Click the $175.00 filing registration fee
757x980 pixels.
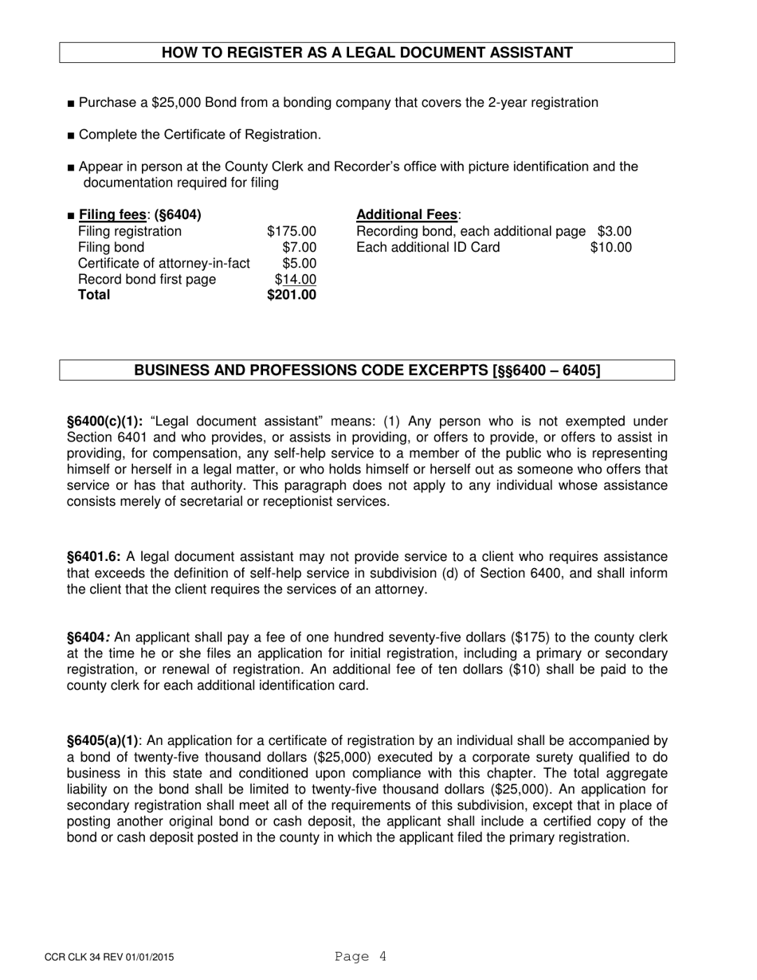(292, 231)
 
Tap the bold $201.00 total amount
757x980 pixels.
(292, 295)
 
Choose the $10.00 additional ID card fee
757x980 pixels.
(610, 247)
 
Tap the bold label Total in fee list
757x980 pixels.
(94, 295)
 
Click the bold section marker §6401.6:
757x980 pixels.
(94, 557)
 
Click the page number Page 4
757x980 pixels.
(361, 957)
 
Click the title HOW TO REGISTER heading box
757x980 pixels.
(367, 53)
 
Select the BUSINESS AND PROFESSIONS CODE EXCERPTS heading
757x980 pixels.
(367, 370)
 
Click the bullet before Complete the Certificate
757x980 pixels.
(72, 135)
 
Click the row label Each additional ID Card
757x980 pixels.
(428, 247)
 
